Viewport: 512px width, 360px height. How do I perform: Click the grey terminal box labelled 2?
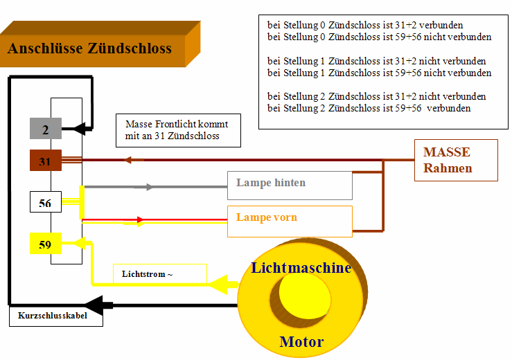[46, 128]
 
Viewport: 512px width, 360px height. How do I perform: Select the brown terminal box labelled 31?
[46, 161]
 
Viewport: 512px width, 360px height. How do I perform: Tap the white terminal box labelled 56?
[46, 202]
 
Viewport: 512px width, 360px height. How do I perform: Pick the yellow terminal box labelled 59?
[46, 244]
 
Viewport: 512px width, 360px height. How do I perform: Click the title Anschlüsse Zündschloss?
[89, 48]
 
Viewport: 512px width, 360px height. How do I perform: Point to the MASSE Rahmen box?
[456, 160]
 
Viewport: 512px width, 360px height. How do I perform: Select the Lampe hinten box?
[290, 185]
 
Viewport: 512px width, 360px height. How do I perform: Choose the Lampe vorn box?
[290, 220]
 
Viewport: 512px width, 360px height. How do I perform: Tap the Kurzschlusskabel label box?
[56, 316]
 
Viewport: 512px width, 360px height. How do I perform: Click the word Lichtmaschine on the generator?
[301, 268]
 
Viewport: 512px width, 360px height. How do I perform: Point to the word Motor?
[301, 341]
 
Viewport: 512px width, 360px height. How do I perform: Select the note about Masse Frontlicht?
[179, 130]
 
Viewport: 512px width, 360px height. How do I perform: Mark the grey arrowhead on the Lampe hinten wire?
[148, 187]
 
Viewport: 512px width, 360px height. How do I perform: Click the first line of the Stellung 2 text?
[376, 96]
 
